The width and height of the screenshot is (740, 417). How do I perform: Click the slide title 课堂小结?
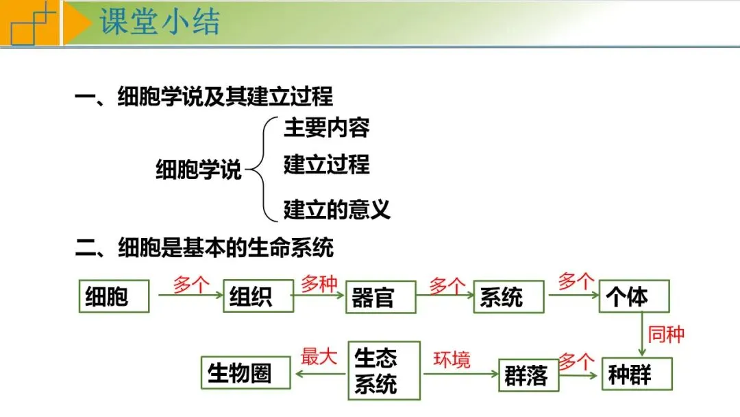[160, 22]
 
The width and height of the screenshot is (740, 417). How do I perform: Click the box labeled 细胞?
[113, 296]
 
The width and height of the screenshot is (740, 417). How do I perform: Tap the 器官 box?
[380, 297]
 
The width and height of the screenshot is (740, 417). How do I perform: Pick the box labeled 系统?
[508, 297]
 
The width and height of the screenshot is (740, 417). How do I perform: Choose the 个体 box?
[634, 296]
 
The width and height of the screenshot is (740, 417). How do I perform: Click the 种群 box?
[637, 374]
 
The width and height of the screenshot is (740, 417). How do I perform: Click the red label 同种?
[666, 335]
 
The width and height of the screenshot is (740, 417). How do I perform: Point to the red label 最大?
[320, 357]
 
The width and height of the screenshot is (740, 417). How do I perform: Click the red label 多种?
[319, 284]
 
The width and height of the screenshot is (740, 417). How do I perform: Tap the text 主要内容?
[326, 128]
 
